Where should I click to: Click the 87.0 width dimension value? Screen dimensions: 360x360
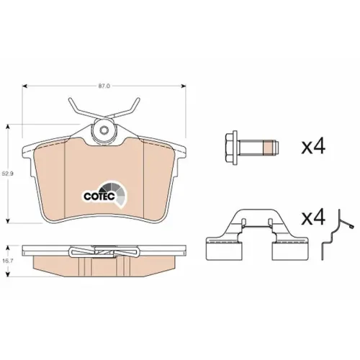(x=104, y=86)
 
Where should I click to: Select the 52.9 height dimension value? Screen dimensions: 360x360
(x=7, y=174)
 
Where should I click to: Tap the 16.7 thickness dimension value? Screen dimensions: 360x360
(x=7, y=261)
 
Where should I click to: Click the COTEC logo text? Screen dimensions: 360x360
(x=99, y=196)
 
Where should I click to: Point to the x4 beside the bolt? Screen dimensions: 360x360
(x=313, y=146)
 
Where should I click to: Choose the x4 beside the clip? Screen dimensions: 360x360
(x=313, y=217)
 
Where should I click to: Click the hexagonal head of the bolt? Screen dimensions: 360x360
(x=231, y=148)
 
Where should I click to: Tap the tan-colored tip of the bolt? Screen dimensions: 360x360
(x=269, y=148)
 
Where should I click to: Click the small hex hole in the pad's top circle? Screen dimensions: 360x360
(x=104, y=130)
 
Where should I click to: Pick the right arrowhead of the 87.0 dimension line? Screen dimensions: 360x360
(x=183, y=86)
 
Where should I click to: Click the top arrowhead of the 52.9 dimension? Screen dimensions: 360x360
(x=9, y=127)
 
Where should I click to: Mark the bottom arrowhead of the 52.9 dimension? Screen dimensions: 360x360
(x=9, y=220)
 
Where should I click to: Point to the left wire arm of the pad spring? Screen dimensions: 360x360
(x=81, y=109)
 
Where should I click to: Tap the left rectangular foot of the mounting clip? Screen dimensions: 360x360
(x=224, y=250)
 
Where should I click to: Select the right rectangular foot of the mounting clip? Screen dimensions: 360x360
(x=290, y=250)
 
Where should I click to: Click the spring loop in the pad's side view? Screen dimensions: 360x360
(x=104, y=251)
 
